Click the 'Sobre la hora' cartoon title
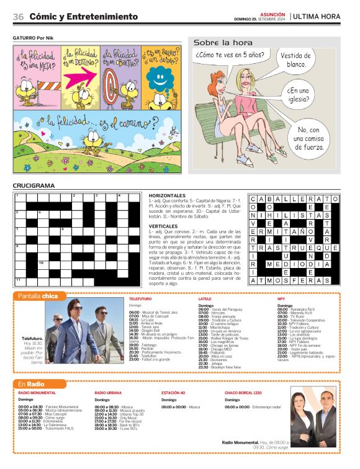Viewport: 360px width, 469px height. tap(223, 43)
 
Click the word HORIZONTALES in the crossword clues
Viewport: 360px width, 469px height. tap(168, 195)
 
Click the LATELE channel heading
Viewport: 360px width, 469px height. tap(205, 299)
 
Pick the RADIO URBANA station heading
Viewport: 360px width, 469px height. tap(108, 393)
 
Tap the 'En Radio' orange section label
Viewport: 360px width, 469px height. tap(32, 384)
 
